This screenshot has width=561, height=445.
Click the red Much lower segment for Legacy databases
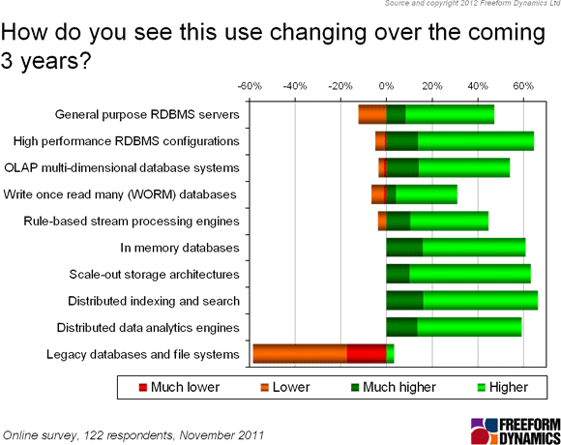pos(367,354)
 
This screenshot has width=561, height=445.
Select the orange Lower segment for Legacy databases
pos(300,354)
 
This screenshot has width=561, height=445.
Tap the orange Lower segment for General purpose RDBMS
pos(372,114)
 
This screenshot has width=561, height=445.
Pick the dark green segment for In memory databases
pos(404,248)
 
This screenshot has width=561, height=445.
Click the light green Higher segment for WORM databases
pos(427,194)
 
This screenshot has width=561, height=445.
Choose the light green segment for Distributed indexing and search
pos(481,301)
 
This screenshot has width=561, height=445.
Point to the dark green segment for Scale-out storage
pos(398,274)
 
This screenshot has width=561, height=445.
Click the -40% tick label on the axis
pos(295,86)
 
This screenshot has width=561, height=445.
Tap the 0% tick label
pos(386,86)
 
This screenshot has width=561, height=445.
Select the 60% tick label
pos(523,86)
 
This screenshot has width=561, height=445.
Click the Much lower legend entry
pos(179,387)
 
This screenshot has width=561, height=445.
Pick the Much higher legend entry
pos(394,387)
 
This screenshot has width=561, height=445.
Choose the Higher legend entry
pos(503,387)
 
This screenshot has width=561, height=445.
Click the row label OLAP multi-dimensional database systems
pos(122,167)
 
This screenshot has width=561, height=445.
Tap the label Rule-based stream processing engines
pos(132,222)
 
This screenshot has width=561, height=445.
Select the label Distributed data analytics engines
pos(148,328)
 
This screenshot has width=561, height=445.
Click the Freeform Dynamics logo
pos(516,431)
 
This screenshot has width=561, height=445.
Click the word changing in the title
pos(318,32)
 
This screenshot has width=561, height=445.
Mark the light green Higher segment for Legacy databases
pos(391,354)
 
